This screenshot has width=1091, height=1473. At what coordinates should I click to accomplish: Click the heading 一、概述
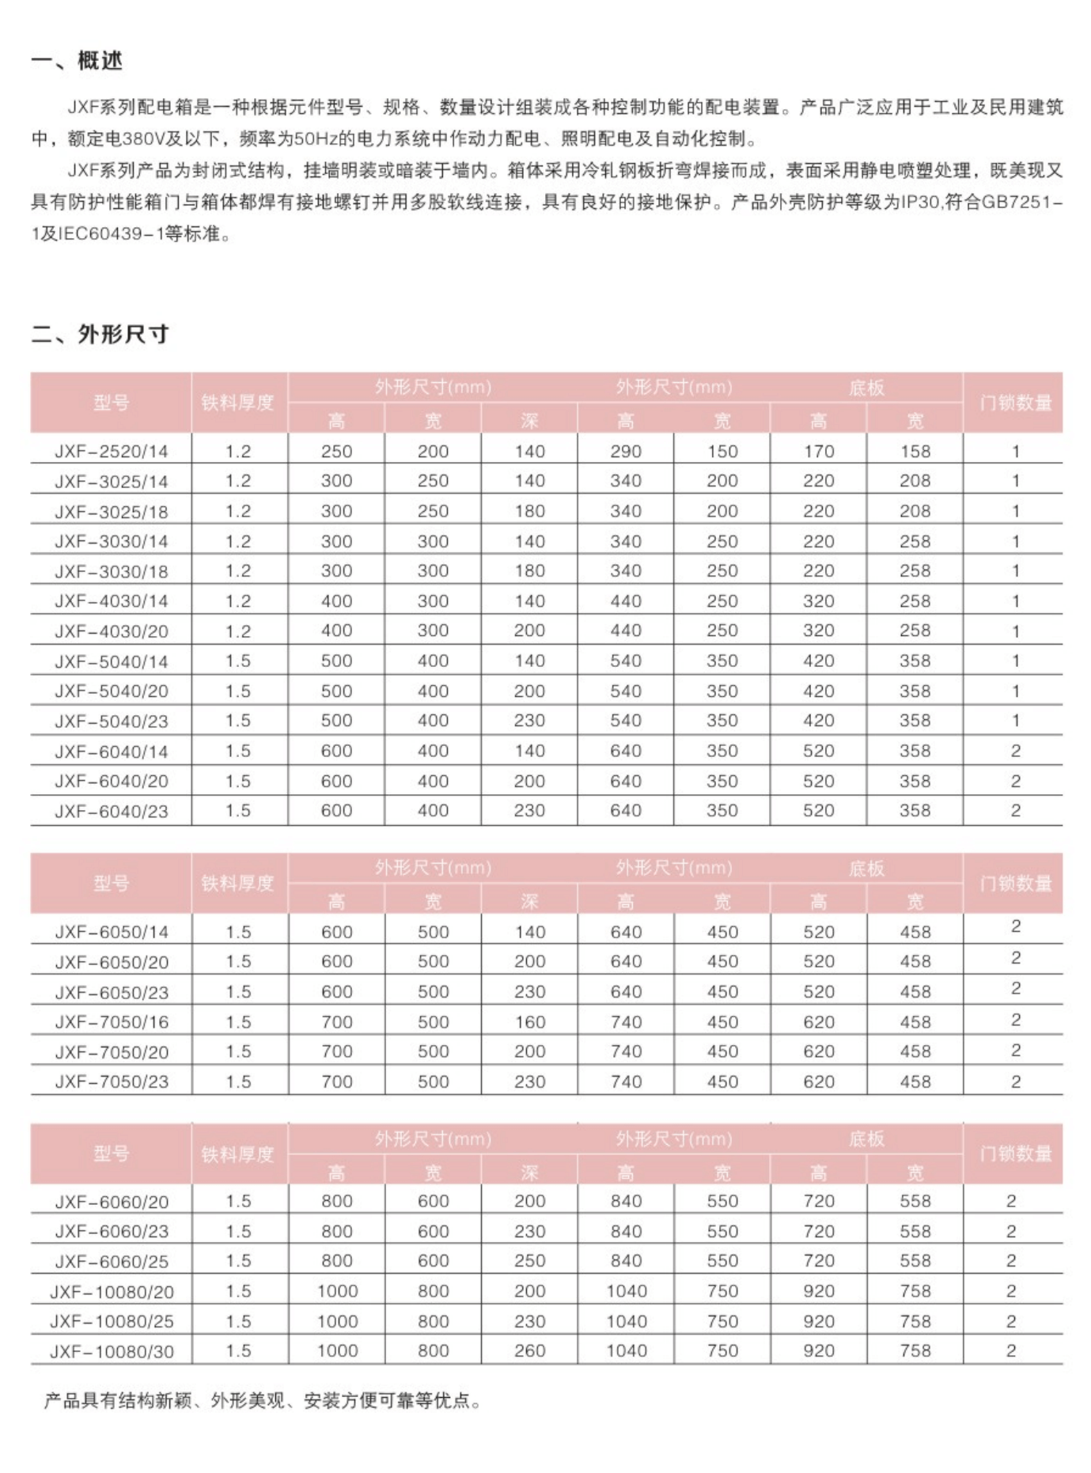point(77,61)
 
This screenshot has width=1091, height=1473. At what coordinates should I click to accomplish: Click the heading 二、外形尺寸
point(100,335)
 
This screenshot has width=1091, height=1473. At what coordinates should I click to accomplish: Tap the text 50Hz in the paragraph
point(315,139)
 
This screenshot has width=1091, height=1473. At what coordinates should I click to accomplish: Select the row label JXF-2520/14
point(111,452)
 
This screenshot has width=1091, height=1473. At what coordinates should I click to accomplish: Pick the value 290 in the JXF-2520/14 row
point(625,452)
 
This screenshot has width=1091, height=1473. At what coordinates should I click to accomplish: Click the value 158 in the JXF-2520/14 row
point(915,452)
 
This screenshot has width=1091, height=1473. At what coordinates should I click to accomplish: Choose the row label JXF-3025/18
point(111,512)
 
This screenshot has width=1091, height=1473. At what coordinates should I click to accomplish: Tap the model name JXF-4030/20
point(111,631)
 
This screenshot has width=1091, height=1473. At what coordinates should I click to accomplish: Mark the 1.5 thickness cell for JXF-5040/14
point(238,661)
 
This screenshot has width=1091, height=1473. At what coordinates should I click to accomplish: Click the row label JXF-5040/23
point(111,721)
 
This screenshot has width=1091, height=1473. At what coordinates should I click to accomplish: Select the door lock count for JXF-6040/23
point(1016,811)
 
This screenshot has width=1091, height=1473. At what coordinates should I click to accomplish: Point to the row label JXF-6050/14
point(112,932)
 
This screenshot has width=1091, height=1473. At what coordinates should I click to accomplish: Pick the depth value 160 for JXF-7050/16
point(529,1022)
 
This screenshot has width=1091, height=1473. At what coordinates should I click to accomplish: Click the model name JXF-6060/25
point(112,1262)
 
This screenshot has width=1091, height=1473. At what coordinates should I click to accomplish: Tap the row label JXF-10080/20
point(112,1292)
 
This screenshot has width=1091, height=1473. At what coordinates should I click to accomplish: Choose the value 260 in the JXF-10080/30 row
point(529,1351)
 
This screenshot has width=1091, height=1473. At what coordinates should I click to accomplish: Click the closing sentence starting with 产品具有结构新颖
point(263,1401)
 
